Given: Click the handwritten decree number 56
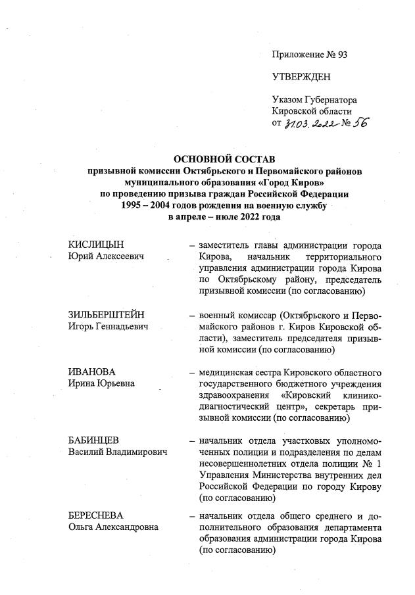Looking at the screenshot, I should (x=360, y=122).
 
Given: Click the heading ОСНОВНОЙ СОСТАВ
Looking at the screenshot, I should (x=224, y=158).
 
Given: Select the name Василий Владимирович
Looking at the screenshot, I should (x=118, y=451).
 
